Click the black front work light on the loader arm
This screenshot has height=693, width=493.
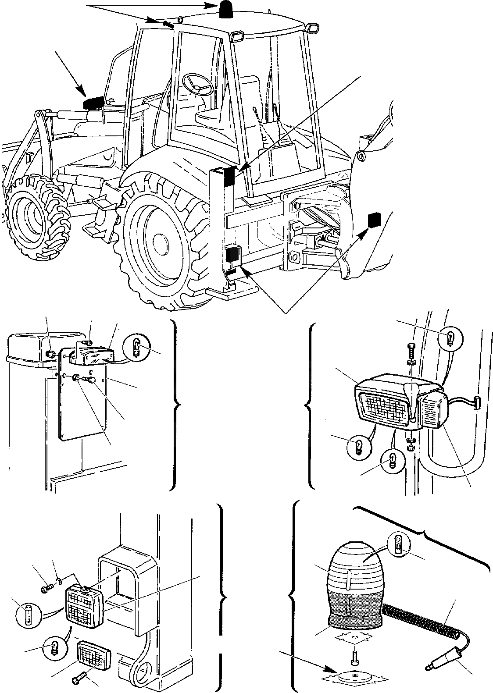point(93,103)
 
